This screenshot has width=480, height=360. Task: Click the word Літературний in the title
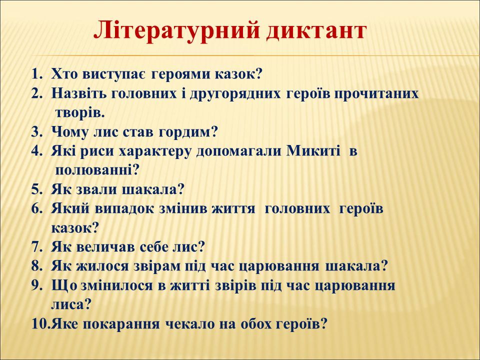(x=176, y=30)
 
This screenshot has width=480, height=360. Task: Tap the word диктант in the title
(x=316, y=31)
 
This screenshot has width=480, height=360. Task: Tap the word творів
(x=80, y=113)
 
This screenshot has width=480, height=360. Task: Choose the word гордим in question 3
(x=188, y=132)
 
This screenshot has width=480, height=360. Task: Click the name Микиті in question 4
(x=313, y=151)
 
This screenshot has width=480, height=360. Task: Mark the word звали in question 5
(x=99, y=190)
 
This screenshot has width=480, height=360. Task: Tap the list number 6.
(x=36, y=209)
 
